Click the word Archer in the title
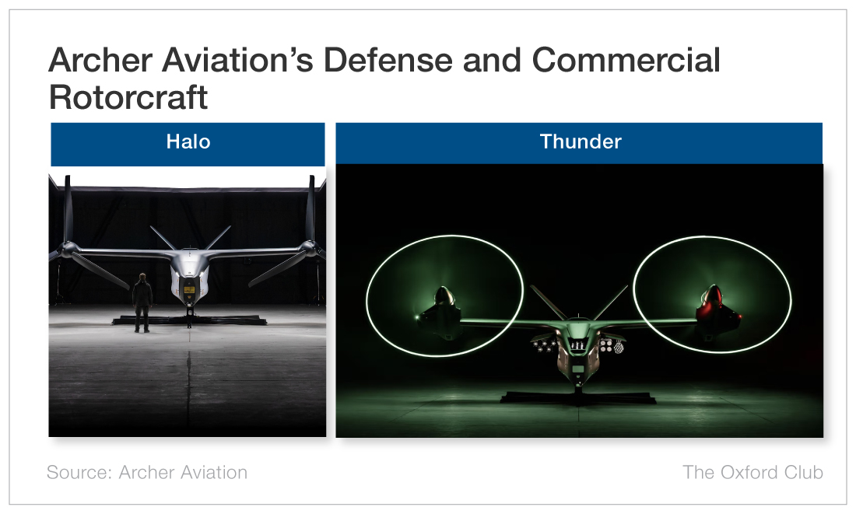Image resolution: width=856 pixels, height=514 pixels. [x=100, y=60]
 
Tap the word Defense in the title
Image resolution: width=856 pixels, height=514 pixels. [x=388, y=60]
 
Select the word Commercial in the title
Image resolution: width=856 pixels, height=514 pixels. [x=626, y=60]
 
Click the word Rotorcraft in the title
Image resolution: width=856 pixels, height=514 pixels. [x=128, y=97]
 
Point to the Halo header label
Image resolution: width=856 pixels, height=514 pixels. [x=188, y=142]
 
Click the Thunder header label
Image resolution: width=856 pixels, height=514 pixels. [x=581, y=142]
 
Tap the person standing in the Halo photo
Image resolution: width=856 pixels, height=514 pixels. [x=142, y=302]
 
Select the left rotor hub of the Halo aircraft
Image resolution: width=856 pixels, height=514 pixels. [x=68, y=250]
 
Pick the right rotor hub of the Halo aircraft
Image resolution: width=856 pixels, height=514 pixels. [x=310, y=249]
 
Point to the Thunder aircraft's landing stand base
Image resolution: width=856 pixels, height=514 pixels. [x=579, y=397]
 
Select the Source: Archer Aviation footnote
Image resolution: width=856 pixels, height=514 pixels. [x=147, y=472]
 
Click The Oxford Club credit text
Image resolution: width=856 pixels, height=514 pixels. [x=753, y=472]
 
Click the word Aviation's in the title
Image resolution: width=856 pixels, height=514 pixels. [x=237, y=60]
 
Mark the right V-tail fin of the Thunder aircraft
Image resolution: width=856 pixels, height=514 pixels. [x=611, y=302]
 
